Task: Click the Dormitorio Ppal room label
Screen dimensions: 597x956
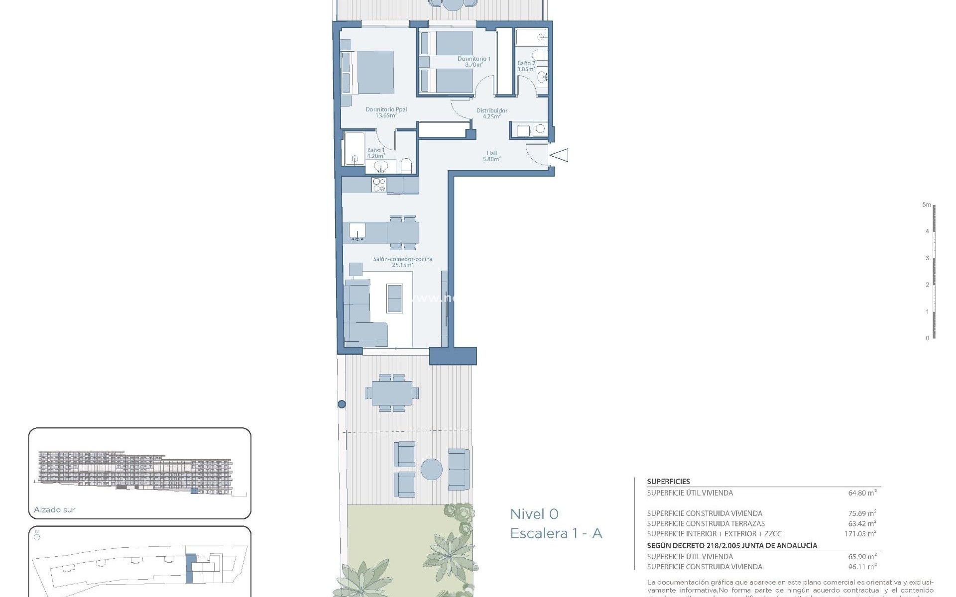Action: tap(386, 109)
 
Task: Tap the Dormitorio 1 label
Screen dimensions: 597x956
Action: tap(474, 59)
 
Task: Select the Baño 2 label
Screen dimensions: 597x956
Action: tap(526, 64)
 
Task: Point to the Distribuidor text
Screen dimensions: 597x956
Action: tap(491, 110)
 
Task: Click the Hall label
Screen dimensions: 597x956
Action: tap(491, 153)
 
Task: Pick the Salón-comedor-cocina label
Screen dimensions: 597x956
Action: tap(402, 259)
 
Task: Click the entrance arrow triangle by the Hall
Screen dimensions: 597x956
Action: tap(560, 155)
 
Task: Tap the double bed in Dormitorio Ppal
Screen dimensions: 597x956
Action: tap(371, 72)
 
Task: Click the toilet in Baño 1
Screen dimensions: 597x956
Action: tap(406, 166)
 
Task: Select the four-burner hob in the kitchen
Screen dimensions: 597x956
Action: tap(379, 185)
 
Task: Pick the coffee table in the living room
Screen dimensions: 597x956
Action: tap(394, 298)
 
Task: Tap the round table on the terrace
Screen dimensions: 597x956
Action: tap(431, 469)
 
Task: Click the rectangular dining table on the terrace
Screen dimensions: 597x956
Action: tap(392, 393)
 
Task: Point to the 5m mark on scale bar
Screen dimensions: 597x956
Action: tap(926, 205)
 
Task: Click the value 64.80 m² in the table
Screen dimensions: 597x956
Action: tap(862, 493)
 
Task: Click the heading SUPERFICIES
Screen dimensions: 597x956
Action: tap(668, 482)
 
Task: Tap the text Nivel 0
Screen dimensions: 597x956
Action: tap(534, 514)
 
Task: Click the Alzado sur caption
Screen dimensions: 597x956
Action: tap(54, 509)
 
